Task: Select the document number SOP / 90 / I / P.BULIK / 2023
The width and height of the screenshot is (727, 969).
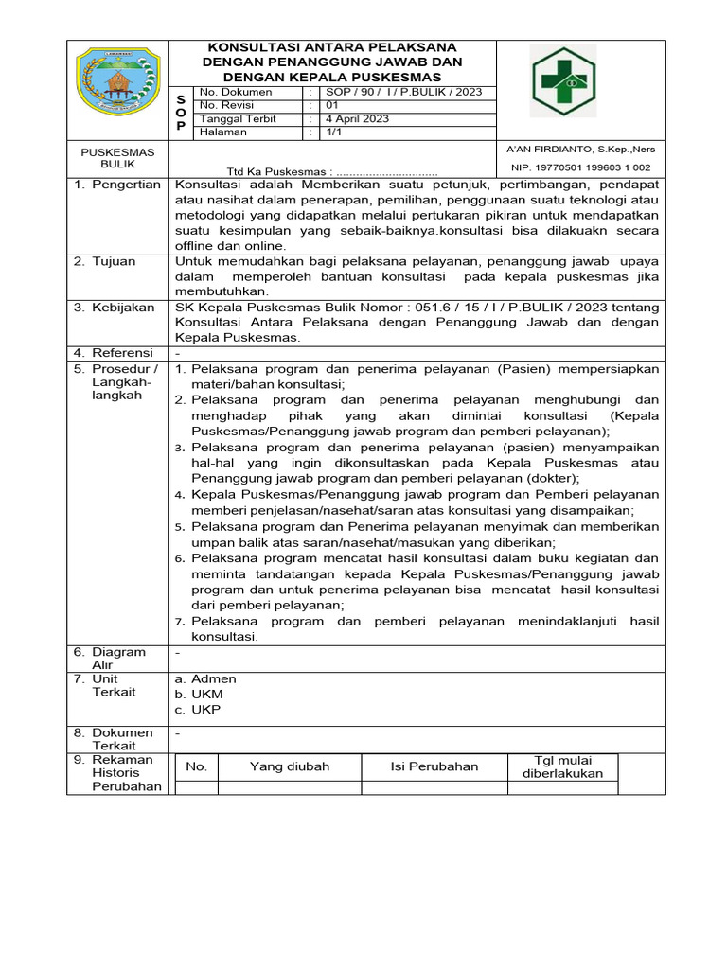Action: [x=404, y=92]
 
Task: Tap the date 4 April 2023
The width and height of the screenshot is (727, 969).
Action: [x=357, y=119]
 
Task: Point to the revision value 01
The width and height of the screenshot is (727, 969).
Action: [x=332, y=106]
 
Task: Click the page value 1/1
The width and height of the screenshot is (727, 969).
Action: [x=333, y=132]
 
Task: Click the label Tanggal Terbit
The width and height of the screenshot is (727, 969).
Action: [x=238, y=119]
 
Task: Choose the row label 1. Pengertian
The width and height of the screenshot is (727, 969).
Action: [x=117, y=185]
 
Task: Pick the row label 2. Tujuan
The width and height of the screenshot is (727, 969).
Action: [x=105, y=261]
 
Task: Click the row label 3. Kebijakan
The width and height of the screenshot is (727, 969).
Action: [x=115, y=308]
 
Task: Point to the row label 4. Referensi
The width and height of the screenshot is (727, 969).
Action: [x=115, y=353]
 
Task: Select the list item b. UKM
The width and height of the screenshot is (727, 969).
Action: [x=199, y=694]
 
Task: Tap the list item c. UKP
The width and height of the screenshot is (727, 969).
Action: [x=198, y=709]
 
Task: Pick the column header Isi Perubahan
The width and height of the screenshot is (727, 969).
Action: [x=434, y=766]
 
